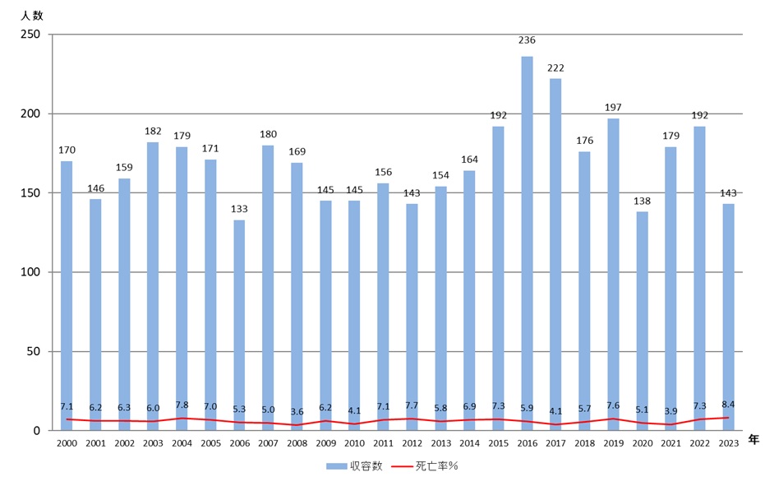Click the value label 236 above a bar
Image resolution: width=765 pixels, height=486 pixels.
pos(527,39)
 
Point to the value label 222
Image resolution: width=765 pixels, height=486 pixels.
pos(555,67)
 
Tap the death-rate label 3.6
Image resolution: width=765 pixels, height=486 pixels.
pos(297,411)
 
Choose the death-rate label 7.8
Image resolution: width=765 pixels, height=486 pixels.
pos(182,405)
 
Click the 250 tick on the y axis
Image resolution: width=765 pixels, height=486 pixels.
pos(30,35)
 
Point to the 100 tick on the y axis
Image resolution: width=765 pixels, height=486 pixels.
pos(30,272)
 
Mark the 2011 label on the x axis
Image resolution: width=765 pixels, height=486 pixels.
pos(383,443)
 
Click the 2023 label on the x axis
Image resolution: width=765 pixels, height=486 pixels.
pos(728,443)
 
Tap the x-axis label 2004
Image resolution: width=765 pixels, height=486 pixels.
pos(182,443)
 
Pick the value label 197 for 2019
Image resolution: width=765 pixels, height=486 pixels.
pos(613,107)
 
